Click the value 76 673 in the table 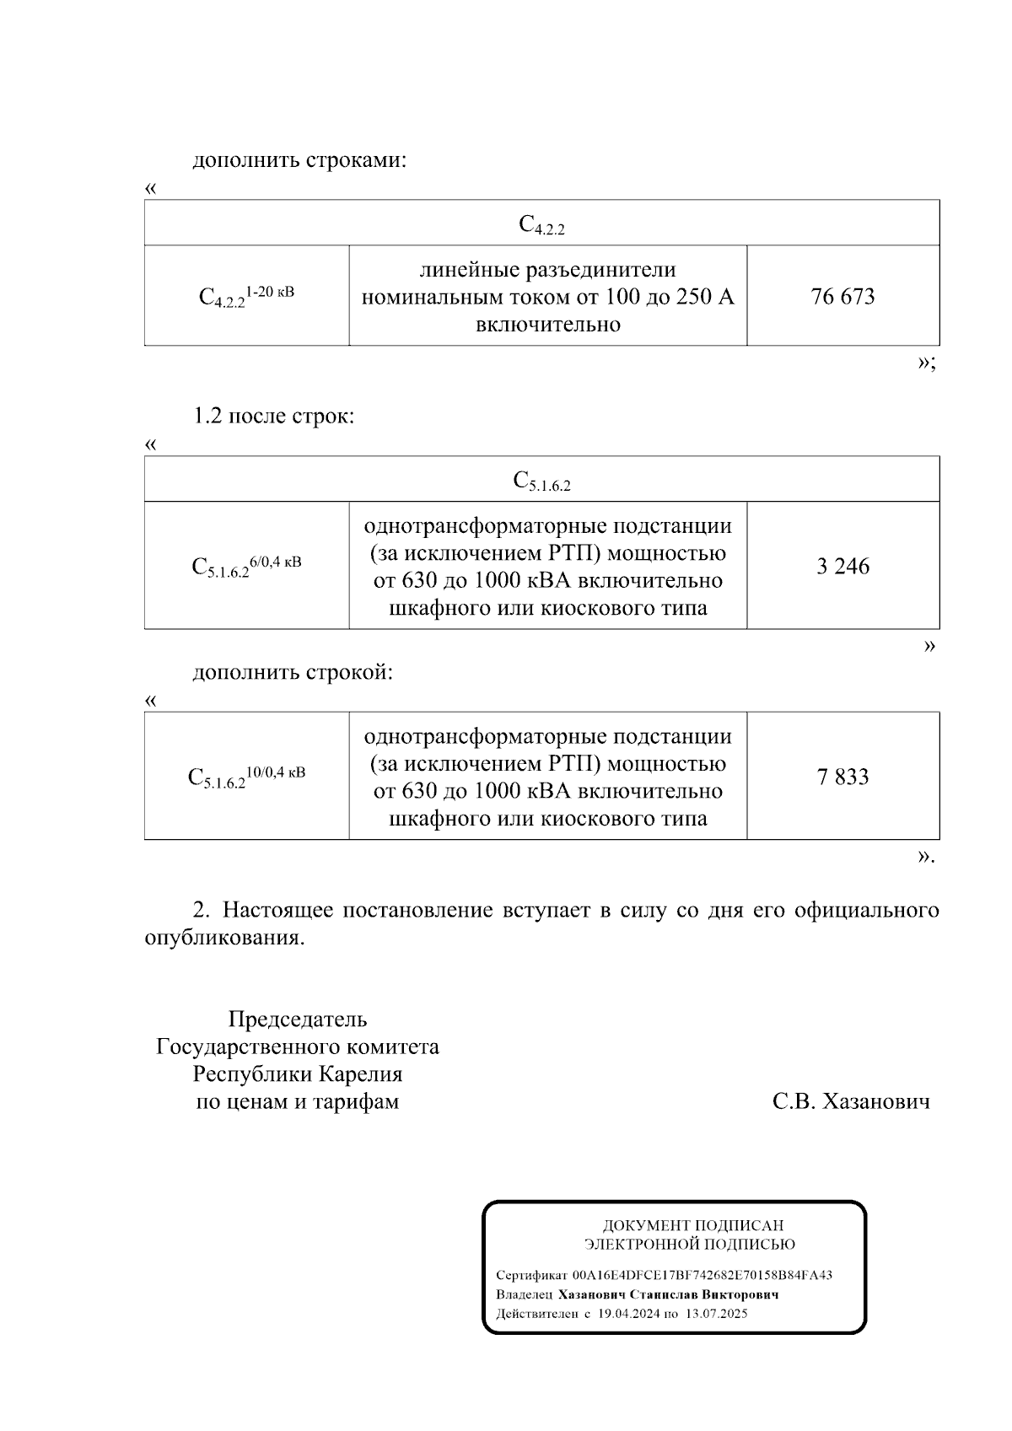click(842, 297)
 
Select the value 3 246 click(842, 566)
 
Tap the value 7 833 click(842, 777)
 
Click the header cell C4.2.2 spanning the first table click(541, 224)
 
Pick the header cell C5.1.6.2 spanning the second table click(541, 481)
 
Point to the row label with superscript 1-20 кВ click(246, 296)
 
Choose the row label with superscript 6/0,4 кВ click(246, 566)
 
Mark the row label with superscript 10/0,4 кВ click(246, 777)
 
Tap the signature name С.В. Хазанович click(851, 1101)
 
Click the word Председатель click(298, 1019)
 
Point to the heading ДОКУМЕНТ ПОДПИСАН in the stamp click(692, 1226)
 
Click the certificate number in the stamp click(702, 1275)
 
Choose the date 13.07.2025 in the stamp click(716, 1314)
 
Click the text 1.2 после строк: click(274, 417)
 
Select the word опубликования click(223, 938)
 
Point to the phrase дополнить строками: click(299, 160)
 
